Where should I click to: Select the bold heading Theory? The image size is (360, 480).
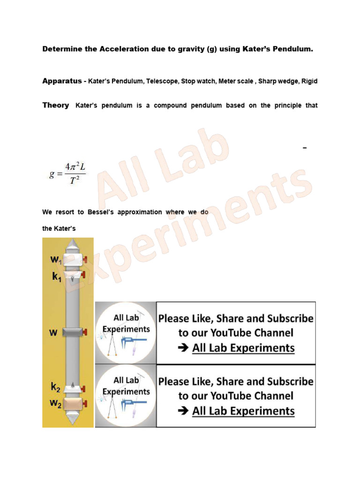(x=55, y=105)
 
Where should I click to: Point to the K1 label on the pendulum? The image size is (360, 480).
(x=56, y=277)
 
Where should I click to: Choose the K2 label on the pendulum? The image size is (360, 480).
(x=56, y=387)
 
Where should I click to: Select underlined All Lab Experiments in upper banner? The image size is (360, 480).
(x=243, y=348)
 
